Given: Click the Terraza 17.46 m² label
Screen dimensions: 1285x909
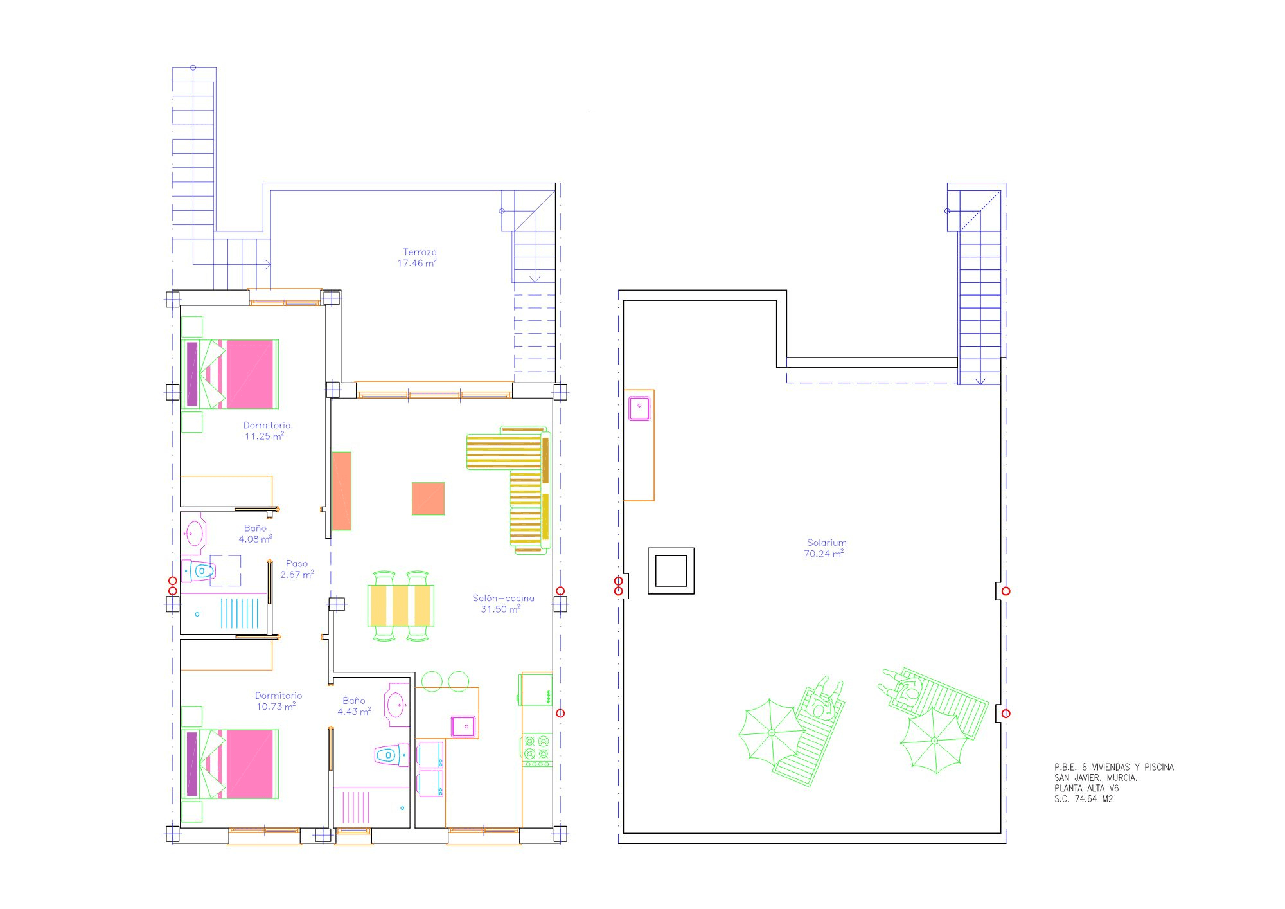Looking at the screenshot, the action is point(418,258).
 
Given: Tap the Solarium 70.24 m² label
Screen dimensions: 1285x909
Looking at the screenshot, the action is point(825,548).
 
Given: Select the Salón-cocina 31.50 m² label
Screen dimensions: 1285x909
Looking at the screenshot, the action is point(502,604).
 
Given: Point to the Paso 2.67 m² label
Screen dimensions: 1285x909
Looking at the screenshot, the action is point(297,569).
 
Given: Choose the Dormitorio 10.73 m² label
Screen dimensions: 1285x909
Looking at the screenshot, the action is point(278,701).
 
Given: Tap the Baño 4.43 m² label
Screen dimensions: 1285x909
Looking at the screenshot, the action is point(354,706).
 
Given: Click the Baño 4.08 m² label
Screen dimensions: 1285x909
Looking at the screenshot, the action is point(255,534).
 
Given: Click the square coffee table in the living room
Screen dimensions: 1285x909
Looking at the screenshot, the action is point(428,498).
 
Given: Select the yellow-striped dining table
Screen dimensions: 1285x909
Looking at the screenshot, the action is point(401,605).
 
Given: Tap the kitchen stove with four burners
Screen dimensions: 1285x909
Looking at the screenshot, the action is point(536,749).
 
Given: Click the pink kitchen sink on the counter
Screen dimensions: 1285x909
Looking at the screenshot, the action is point(463,725).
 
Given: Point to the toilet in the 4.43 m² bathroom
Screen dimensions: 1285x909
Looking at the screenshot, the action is point(391,755).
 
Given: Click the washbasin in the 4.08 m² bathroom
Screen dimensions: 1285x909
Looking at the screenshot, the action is point(193,533).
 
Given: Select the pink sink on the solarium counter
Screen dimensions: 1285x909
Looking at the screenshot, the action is point(639,408).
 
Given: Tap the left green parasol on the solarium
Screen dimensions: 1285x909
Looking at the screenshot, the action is point(772,732).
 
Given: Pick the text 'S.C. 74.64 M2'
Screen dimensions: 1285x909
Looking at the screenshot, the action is point(1083,799).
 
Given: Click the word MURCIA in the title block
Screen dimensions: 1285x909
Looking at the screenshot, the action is point(1122,777).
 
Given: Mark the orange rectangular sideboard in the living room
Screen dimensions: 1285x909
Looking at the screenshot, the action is point(342,491).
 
